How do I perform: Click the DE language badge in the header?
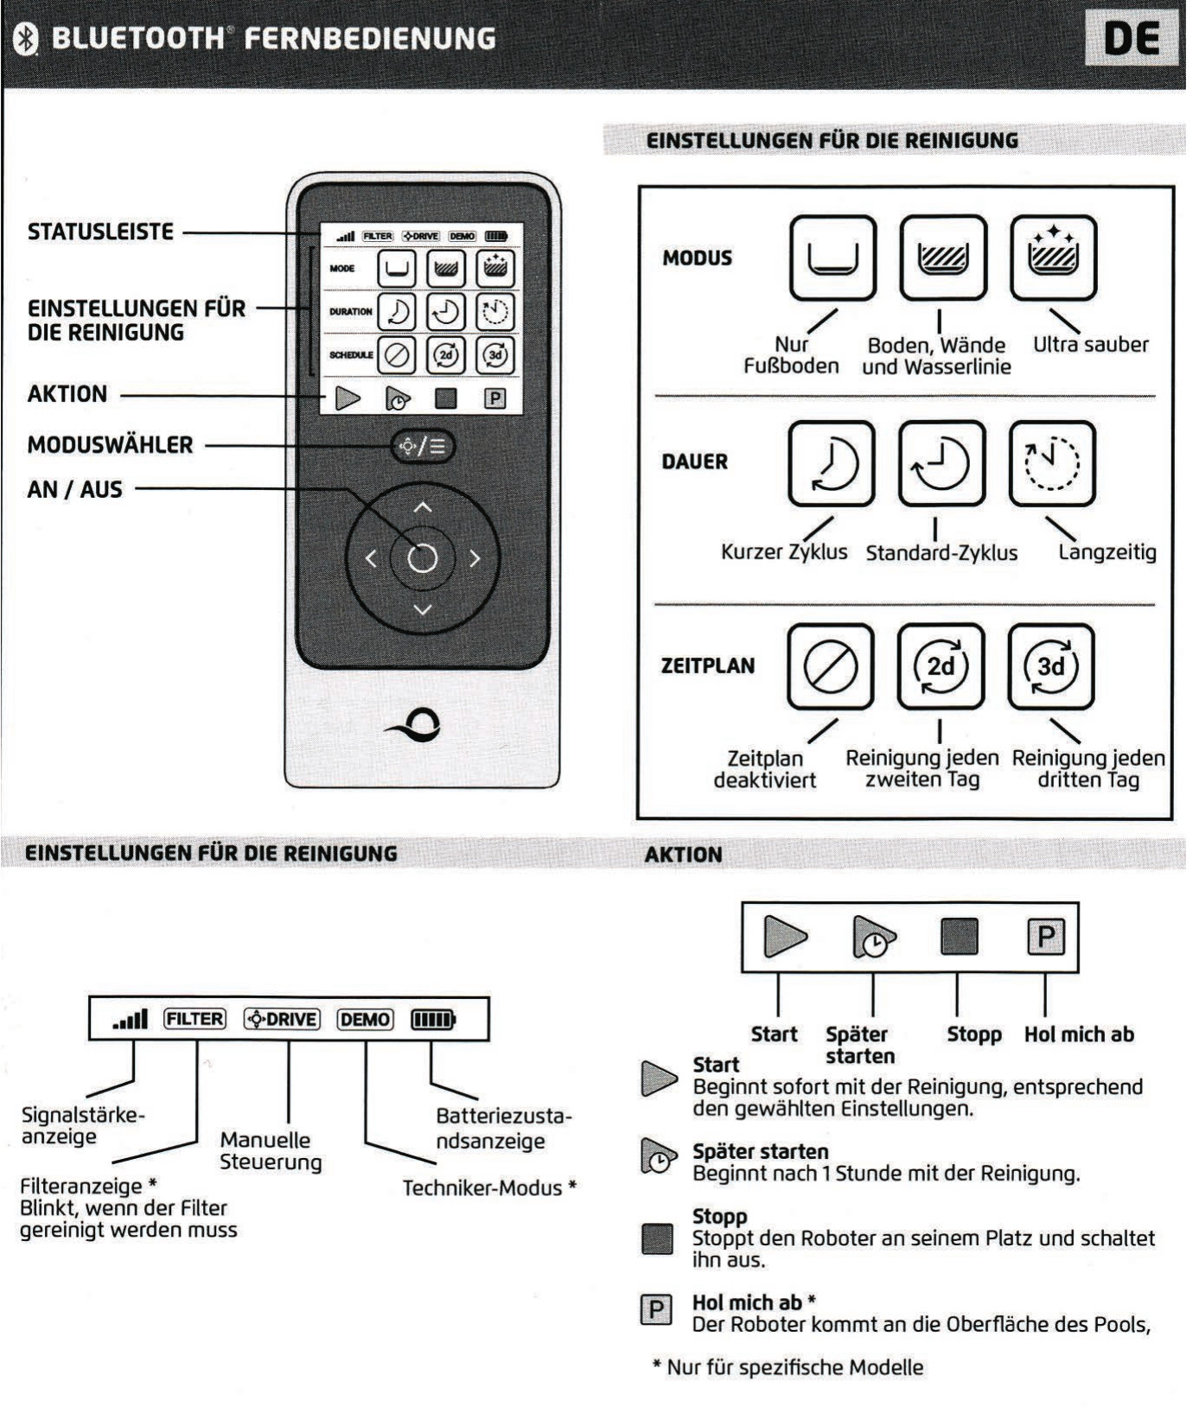[1131, 38]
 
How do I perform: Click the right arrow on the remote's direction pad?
[475, 559]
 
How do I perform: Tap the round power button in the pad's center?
[423, 558]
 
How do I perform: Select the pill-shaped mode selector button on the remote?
[423, 447]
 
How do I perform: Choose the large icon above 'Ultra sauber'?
[1052, 258]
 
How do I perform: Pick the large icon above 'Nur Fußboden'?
[832, 258]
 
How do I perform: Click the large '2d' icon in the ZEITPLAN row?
[941, 666]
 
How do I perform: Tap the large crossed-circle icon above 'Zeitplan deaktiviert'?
[831, 666]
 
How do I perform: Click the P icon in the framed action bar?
[1045, 937]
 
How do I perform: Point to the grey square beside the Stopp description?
[658, 1238]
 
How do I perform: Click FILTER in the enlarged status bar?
[195, 1020]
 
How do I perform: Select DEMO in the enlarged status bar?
[365, 1020]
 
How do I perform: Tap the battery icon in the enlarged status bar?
[432, 1020]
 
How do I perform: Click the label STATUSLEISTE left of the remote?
[100, 232]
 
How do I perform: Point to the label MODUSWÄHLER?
[110, 446]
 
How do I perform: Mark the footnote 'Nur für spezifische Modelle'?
[788, 1368]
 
